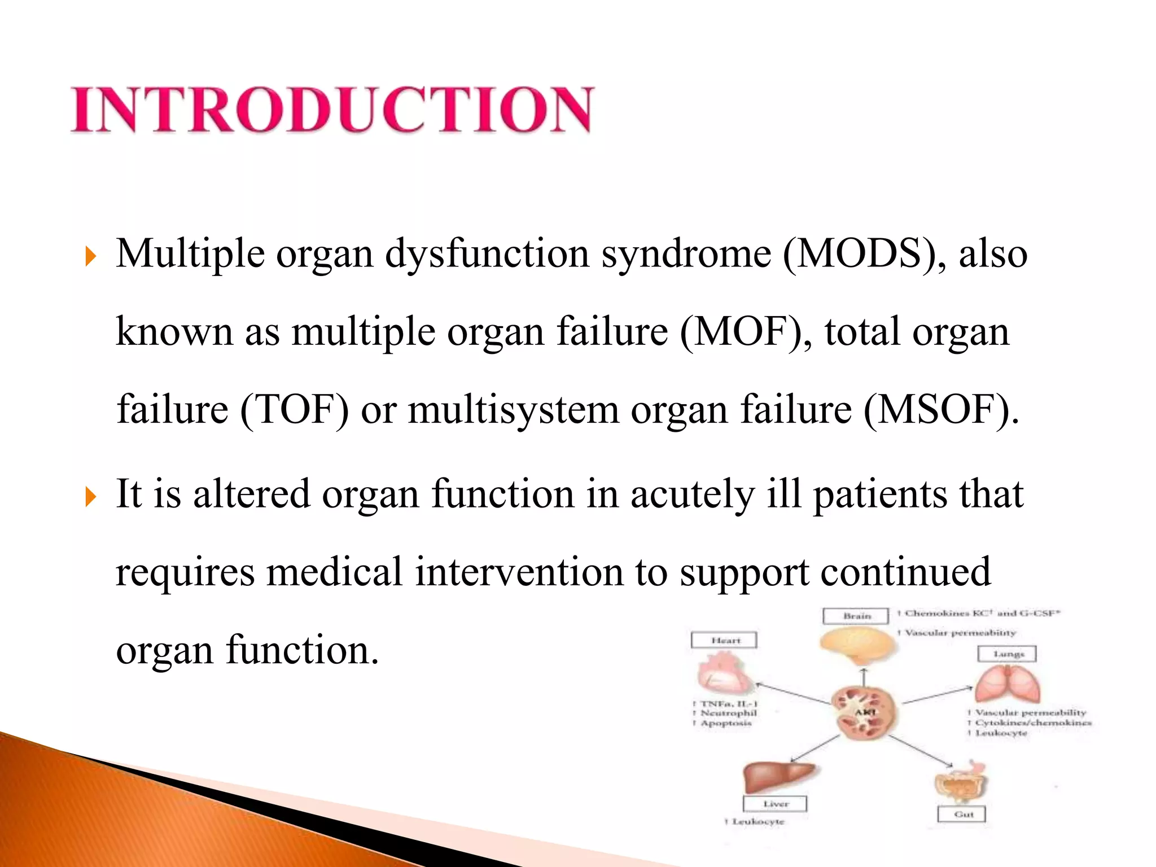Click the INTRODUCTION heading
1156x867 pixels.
[332, 110]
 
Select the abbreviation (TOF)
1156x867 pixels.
[295, 410]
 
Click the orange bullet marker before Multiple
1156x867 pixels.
[90, 257]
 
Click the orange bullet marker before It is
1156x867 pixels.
[90, 497]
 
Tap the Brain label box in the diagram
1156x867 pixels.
[856, 616]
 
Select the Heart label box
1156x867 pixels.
[724, 640]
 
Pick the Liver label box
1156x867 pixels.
[775, 803]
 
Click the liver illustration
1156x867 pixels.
[776, 776]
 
